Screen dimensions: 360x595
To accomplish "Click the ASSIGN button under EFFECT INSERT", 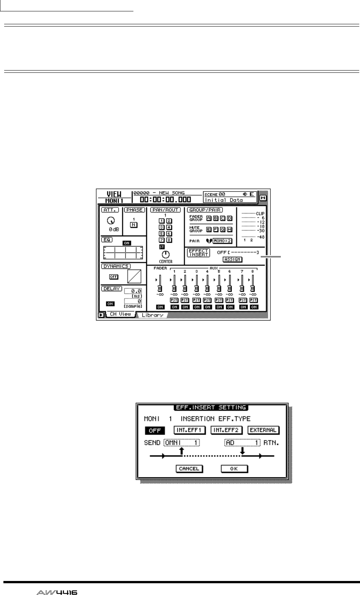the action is tap(232, 259).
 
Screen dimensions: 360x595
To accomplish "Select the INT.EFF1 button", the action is tap(189, 430).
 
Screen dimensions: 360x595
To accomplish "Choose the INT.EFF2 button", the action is tap(227, 430).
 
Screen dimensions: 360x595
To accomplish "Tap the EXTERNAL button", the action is tap(263, 430).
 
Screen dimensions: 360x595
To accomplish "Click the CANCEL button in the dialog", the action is tap(189, 469).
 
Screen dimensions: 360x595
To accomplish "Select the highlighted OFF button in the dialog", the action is tap(155, 430).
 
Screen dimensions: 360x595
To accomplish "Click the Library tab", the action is tap(153, 315).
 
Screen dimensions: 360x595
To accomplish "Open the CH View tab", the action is tap(120, 314).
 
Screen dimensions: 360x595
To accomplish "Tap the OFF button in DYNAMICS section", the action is tap(114, 277).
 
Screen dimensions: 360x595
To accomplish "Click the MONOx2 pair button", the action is tap(222, 240).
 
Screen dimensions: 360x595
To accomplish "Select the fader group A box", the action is tap(209, 218).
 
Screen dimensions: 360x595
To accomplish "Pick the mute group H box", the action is tap(229, 229).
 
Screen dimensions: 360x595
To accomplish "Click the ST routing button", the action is tap(162, 246).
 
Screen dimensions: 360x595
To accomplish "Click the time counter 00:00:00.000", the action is tap(165, 200).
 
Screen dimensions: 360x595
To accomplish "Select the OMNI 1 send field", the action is tap(182, 443).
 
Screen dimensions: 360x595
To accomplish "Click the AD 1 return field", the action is tap(242, 443).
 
